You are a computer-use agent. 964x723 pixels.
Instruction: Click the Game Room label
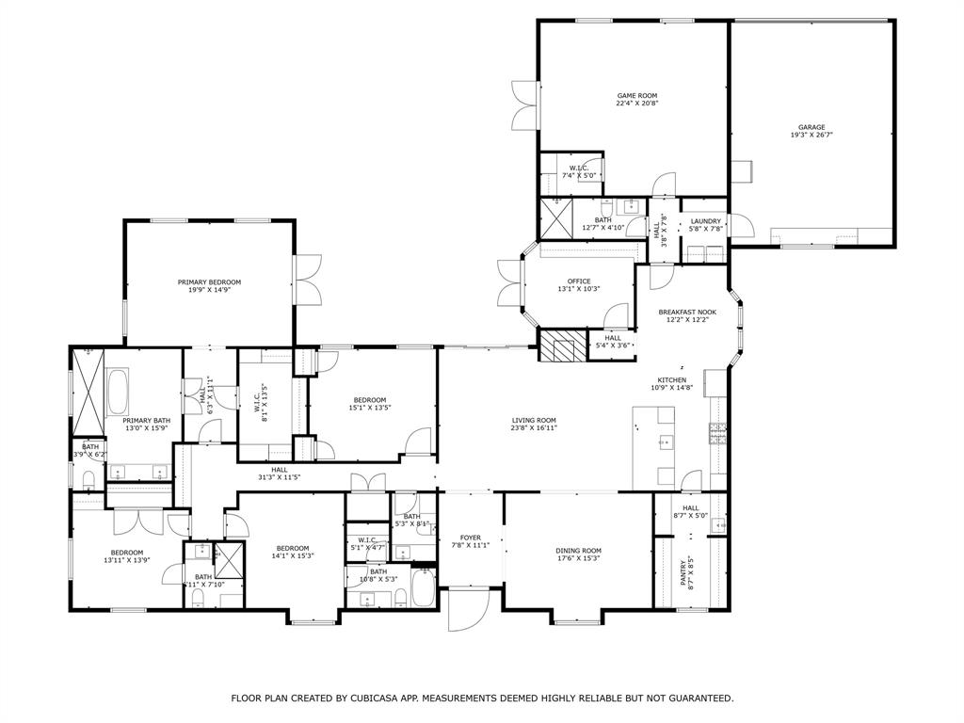pyautogui.click(x=636, y=95)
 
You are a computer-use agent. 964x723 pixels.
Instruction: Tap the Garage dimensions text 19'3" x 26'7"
pyautogui.click(x=811, y=136)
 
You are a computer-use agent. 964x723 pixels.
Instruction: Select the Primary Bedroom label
pyautogui.click(x=209, y=281)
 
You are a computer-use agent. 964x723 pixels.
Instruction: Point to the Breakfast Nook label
pyautogui.click(x=687, y=312)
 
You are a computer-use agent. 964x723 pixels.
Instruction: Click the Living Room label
pyautogui.click(x=534, y=420)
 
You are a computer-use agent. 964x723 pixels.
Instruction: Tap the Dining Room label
pyautogui.click(x=578, y=551)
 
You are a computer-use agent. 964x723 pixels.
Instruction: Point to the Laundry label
pyautogui.click(x=705, y=221)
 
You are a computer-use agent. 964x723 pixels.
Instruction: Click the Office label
pyautogui.click(x=578, y=281)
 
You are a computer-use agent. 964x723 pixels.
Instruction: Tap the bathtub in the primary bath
pyautogui.click(x=120, y=393)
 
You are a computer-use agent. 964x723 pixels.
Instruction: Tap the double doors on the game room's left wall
pyautogui.click(x=523, y=105)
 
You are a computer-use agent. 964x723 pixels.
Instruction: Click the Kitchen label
pyautogui.click(x=671, y=379)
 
